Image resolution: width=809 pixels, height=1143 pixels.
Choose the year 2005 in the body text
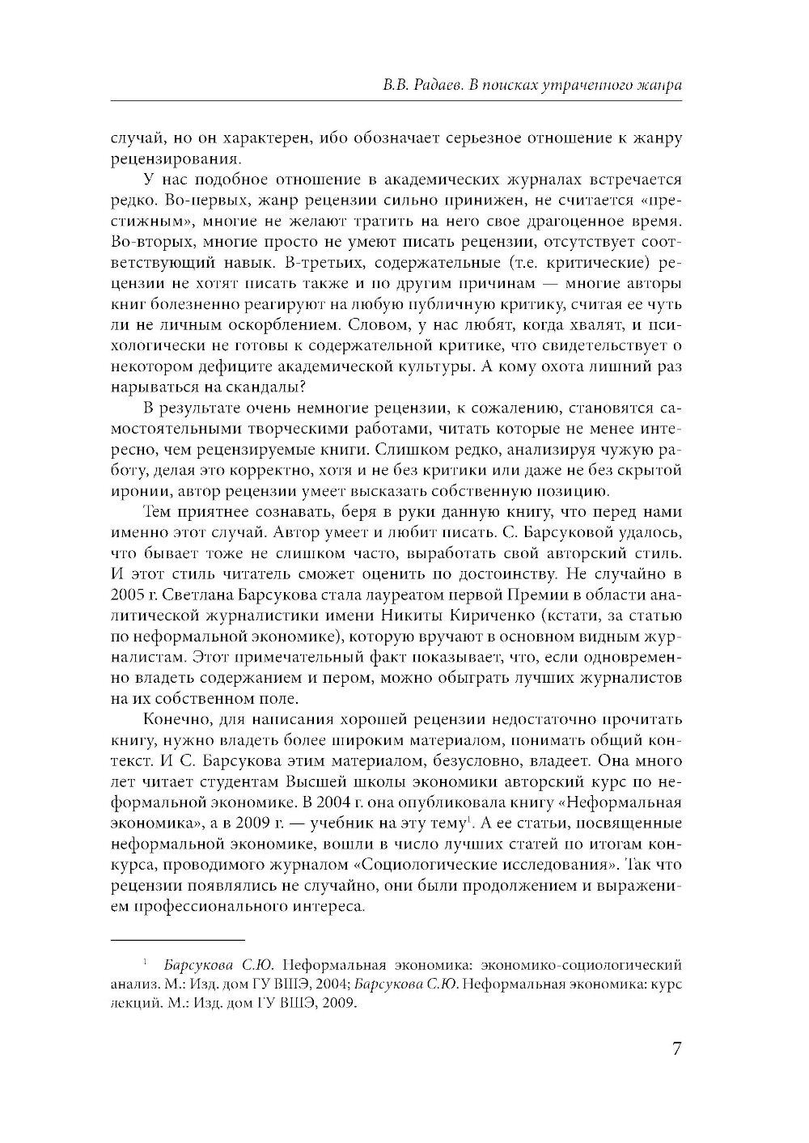[125, 595]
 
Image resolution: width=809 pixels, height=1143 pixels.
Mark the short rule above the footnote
[177, 940]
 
